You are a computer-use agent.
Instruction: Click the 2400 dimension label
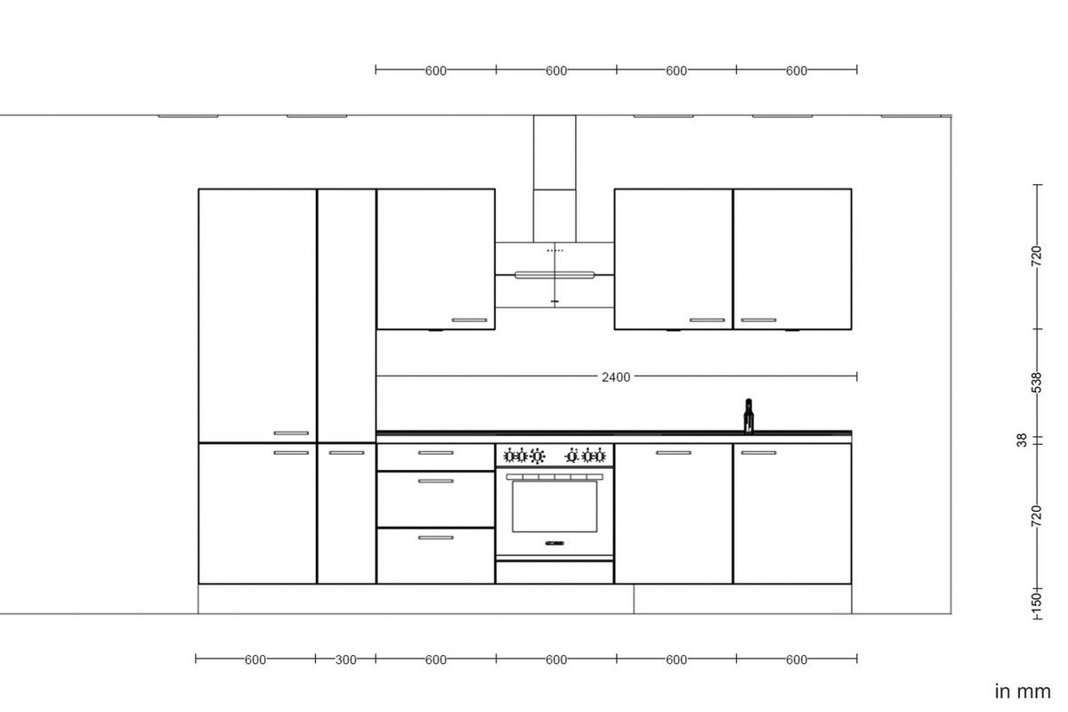[x=615, y=377]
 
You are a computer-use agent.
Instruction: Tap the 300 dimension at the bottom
[x=345, y=659]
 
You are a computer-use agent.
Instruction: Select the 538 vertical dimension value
[x=1036, y=382]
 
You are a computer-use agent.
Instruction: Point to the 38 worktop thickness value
[x=1022, y=440]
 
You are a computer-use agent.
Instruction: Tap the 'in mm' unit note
[x=1022, y=691]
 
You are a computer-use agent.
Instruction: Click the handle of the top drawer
[x=435, y=453]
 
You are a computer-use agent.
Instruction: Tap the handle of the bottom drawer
[x=435, y=538]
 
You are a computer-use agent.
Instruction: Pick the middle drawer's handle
[x=435, y=481]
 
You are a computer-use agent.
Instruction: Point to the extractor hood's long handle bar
[x=554, y=275]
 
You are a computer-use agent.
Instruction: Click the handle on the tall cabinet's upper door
[x=291, y=433]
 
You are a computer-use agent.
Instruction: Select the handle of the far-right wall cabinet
[x=758, y=320]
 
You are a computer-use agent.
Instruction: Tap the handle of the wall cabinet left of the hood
[x=469, y=320]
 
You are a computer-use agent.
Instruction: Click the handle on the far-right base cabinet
[x=758, y=453]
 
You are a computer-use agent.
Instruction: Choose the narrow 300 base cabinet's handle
[x=346, y=453]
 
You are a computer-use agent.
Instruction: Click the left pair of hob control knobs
[x=524, y=457]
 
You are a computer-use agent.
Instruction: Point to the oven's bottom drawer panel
[x=554, y=572]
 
